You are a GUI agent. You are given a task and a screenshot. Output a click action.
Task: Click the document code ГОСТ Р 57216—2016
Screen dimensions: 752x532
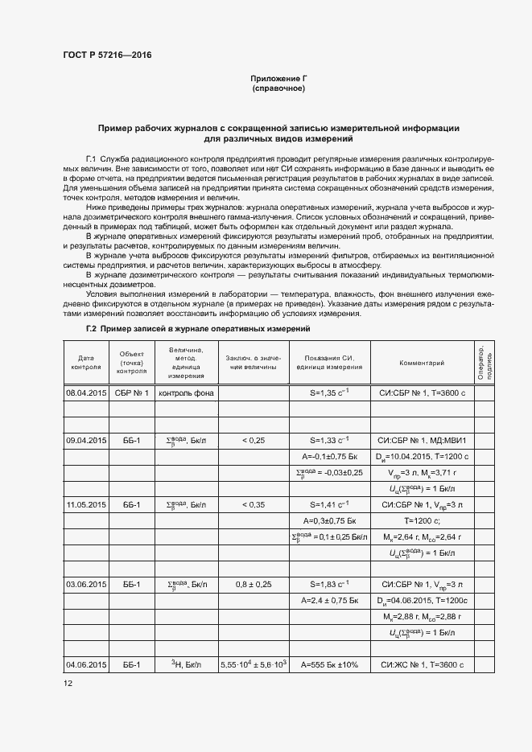click(107, 55)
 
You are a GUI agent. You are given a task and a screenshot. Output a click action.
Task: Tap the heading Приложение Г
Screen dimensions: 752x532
click(278, 78)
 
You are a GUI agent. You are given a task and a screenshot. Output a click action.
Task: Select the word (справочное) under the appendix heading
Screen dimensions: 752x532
click(278, 88)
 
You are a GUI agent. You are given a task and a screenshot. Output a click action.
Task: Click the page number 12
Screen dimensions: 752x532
click(68, 684)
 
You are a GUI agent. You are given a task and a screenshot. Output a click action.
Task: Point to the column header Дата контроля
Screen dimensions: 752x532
click(85, 362)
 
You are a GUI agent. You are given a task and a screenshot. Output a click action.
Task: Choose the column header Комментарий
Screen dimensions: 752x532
click(422, 363)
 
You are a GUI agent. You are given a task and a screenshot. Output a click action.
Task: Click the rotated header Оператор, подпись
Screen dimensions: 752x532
click(484, 362)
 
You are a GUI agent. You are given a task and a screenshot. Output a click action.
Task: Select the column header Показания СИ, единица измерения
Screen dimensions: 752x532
click(329, 363)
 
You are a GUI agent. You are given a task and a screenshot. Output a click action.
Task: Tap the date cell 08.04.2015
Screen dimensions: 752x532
click(85, 393)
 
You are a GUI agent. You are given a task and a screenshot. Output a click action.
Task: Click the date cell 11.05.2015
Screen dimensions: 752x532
click(85, 504)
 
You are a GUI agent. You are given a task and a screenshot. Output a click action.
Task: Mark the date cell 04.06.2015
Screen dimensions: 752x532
click(85, 665)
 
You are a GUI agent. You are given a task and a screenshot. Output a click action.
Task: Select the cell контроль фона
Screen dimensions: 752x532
click(186, 393)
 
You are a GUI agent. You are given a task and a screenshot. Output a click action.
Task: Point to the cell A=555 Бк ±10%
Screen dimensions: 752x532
click(329, 665)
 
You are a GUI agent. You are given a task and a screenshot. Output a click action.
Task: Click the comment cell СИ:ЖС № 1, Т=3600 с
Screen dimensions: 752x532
click(422, 665)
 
